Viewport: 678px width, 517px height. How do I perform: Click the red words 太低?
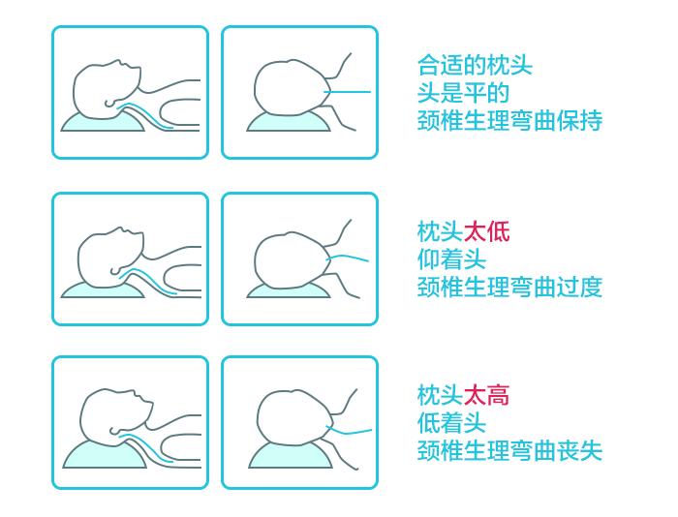486,232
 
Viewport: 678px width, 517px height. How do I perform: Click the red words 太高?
486,395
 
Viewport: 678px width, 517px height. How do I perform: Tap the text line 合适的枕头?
475,66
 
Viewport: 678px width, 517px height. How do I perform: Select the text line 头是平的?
463,93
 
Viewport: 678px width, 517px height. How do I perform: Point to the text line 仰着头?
451,259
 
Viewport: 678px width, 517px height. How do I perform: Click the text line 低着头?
451,423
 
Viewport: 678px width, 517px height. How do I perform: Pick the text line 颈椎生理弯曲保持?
509,121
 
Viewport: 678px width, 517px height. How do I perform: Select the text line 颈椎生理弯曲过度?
509,288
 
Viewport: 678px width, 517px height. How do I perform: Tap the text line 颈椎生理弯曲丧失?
509,451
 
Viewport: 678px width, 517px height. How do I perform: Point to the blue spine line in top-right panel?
352,93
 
